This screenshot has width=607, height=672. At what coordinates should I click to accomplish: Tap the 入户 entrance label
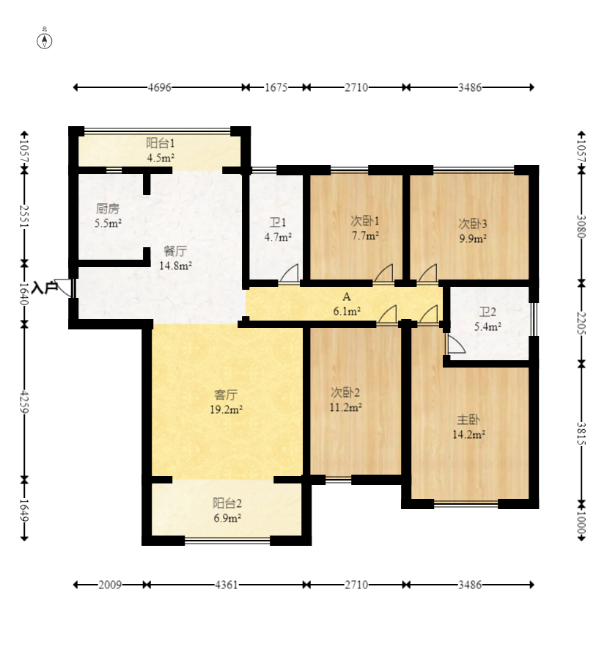point(45,288)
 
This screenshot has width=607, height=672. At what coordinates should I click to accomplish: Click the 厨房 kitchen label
point(108,208)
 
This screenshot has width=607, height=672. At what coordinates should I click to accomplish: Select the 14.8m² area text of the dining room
point(175,266)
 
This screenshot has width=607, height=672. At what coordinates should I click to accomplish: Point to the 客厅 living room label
point(226,395)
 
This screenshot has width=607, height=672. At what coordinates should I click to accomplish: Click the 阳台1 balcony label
point(161,143)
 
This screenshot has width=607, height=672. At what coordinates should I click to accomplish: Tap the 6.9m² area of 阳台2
point(227,518)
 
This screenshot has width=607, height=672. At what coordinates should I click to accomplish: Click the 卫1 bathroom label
point(278,222)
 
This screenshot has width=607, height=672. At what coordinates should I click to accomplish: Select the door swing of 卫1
point(289,274)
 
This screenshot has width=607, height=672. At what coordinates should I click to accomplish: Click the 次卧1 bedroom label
point(365,221)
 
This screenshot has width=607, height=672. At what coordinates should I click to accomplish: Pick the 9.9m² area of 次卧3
point(473,238)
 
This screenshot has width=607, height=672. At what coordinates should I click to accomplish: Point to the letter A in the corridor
point(347,296)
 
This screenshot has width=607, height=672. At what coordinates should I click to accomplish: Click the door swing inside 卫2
point(455,344)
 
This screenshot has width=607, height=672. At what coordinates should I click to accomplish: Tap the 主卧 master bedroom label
point(468,420)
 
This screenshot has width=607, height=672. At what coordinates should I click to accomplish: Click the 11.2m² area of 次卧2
point(345,407)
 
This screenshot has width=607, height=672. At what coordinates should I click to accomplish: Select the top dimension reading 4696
point(159,87)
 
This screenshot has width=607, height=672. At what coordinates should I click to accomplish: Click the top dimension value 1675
point(276,87)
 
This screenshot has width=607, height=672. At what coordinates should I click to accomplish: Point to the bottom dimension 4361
point(227,585)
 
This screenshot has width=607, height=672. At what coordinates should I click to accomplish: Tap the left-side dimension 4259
point(24,401)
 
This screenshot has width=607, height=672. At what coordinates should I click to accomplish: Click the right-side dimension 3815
point(581,434)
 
